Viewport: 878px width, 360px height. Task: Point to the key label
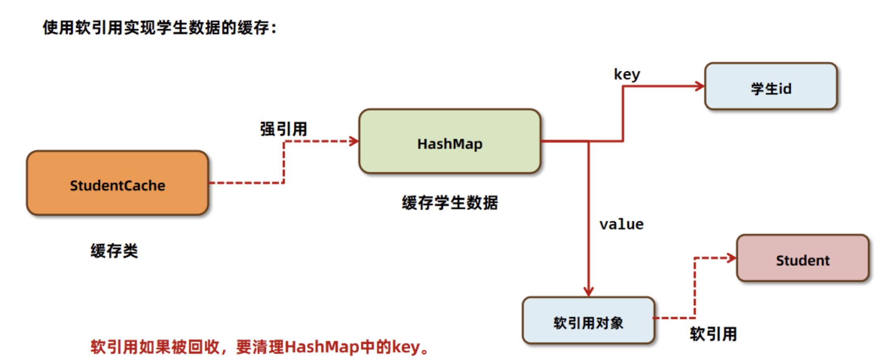627,74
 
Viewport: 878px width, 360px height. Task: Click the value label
621,224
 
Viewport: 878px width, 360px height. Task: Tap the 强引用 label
284,129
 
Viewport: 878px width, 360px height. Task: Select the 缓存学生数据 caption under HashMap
450,203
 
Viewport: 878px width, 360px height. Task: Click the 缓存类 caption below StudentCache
114,251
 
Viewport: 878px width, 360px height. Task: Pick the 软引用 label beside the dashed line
713,334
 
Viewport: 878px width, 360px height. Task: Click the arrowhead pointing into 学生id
700,86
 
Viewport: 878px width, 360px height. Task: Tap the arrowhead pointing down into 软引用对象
588,291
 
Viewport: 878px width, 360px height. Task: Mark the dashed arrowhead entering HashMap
354,141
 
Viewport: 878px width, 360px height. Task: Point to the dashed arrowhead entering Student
732,258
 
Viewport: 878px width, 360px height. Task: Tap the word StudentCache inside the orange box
117,186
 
